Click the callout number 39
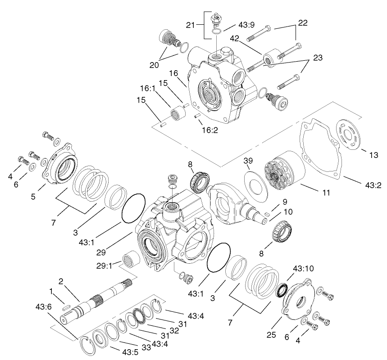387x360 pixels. point(248,161)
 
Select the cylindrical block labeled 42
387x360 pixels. point(271,58)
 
